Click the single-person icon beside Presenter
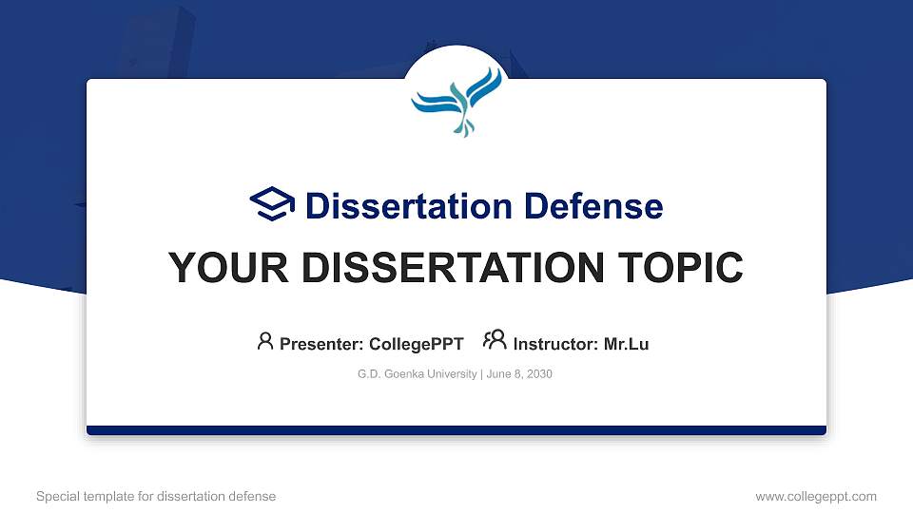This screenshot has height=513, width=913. [x=265, y=341]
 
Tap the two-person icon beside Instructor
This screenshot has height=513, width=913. [x=495, y=341]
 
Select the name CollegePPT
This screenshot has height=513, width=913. [x=417, y=344]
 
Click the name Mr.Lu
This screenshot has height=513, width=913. [x=626, y=344]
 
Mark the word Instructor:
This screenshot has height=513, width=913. [x=556, y=344]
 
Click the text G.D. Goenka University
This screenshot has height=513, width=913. [x=417, y=374]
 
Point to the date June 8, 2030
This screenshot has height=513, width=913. [x=519, y=374]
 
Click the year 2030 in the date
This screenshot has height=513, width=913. [x=538, y=374]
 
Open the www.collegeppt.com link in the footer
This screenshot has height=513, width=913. [x=816, y=496]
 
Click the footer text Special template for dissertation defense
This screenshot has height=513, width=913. [x=156, y=496]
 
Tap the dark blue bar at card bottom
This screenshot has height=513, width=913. [x=456, y=430]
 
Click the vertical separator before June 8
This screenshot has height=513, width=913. [x=481, y=374]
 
